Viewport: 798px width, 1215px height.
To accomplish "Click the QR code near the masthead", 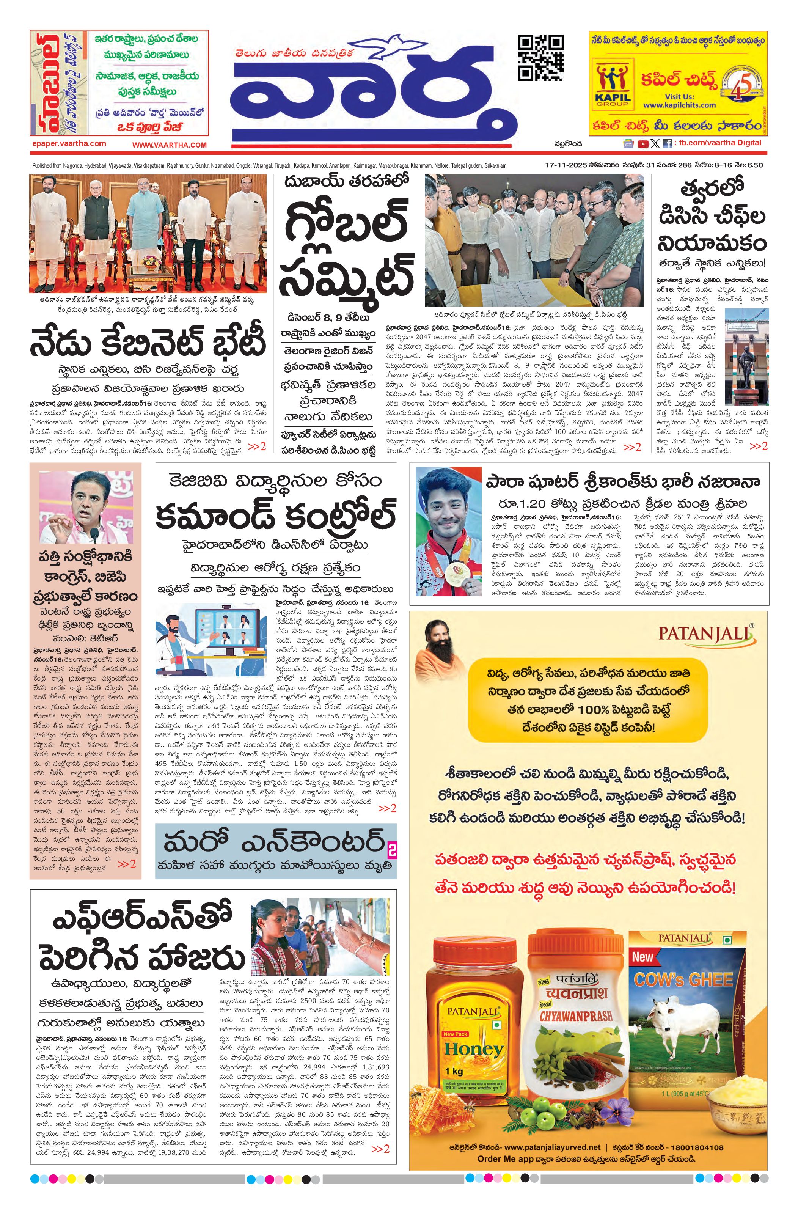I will [x=541, y=58].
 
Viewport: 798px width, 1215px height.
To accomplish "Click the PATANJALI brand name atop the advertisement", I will [x=705, y=633].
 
